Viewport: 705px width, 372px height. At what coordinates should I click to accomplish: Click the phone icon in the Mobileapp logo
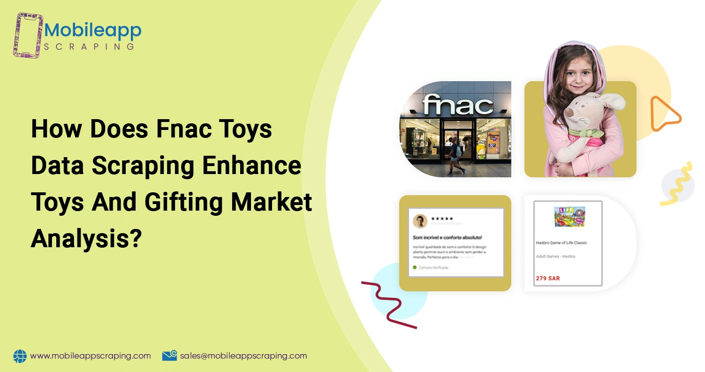29,35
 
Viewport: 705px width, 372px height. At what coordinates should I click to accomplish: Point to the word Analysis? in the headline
86,239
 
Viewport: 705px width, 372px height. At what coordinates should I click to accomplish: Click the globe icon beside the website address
20,356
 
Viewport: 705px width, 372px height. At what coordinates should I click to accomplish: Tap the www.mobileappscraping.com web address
91,356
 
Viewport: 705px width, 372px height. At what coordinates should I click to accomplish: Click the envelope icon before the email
169,356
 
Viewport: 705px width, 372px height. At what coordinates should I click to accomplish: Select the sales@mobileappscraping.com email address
243,356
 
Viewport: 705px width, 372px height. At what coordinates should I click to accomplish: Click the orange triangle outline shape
663,114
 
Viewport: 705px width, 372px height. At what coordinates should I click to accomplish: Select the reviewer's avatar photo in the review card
420,221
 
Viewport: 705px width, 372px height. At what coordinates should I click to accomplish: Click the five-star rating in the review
442,219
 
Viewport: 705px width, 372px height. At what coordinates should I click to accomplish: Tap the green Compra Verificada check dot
415,267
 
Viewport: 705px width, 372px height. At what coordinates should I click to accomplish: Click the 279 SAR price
547,278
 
